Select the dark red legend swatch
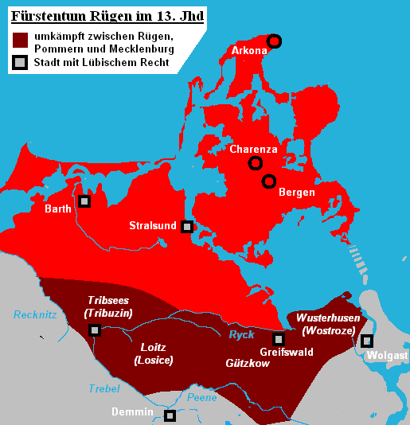pyautogui.click(x=21, y=40)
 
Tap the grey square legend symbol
pyautogui.click(x=21, y=62)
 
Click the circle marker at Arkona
pyautogui.click(x=274, y=41)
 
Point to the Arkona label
pyautogui.click(x=249, y=51)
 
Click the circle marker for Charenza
pyautogui.click(x=255, y=163)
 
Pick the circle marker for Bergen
pyautogui.click(x=269, y=181)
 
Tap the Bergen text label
pyautogui.click(x=296, y=193)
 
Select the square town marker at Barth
pyautogui.click(x=84, y=201)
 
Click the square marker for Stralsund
pyautogui.click(x=187, y=226)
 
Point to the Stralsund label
pyautogui.click(x=153, y=226)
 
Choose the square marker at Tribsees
pyautogui.click(x=95, y=330)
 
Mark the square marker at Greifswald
pyautogui.click(x=279, y=339)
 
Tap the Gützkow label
pyautogui.click(x=247, y=363)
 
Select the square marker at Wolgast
pyautogui.click(x=367, y=341)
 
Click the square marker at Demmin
pyautogui.click(x=170, y=415)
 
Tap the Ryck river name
pyautogui.click(x=241, y=335)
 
